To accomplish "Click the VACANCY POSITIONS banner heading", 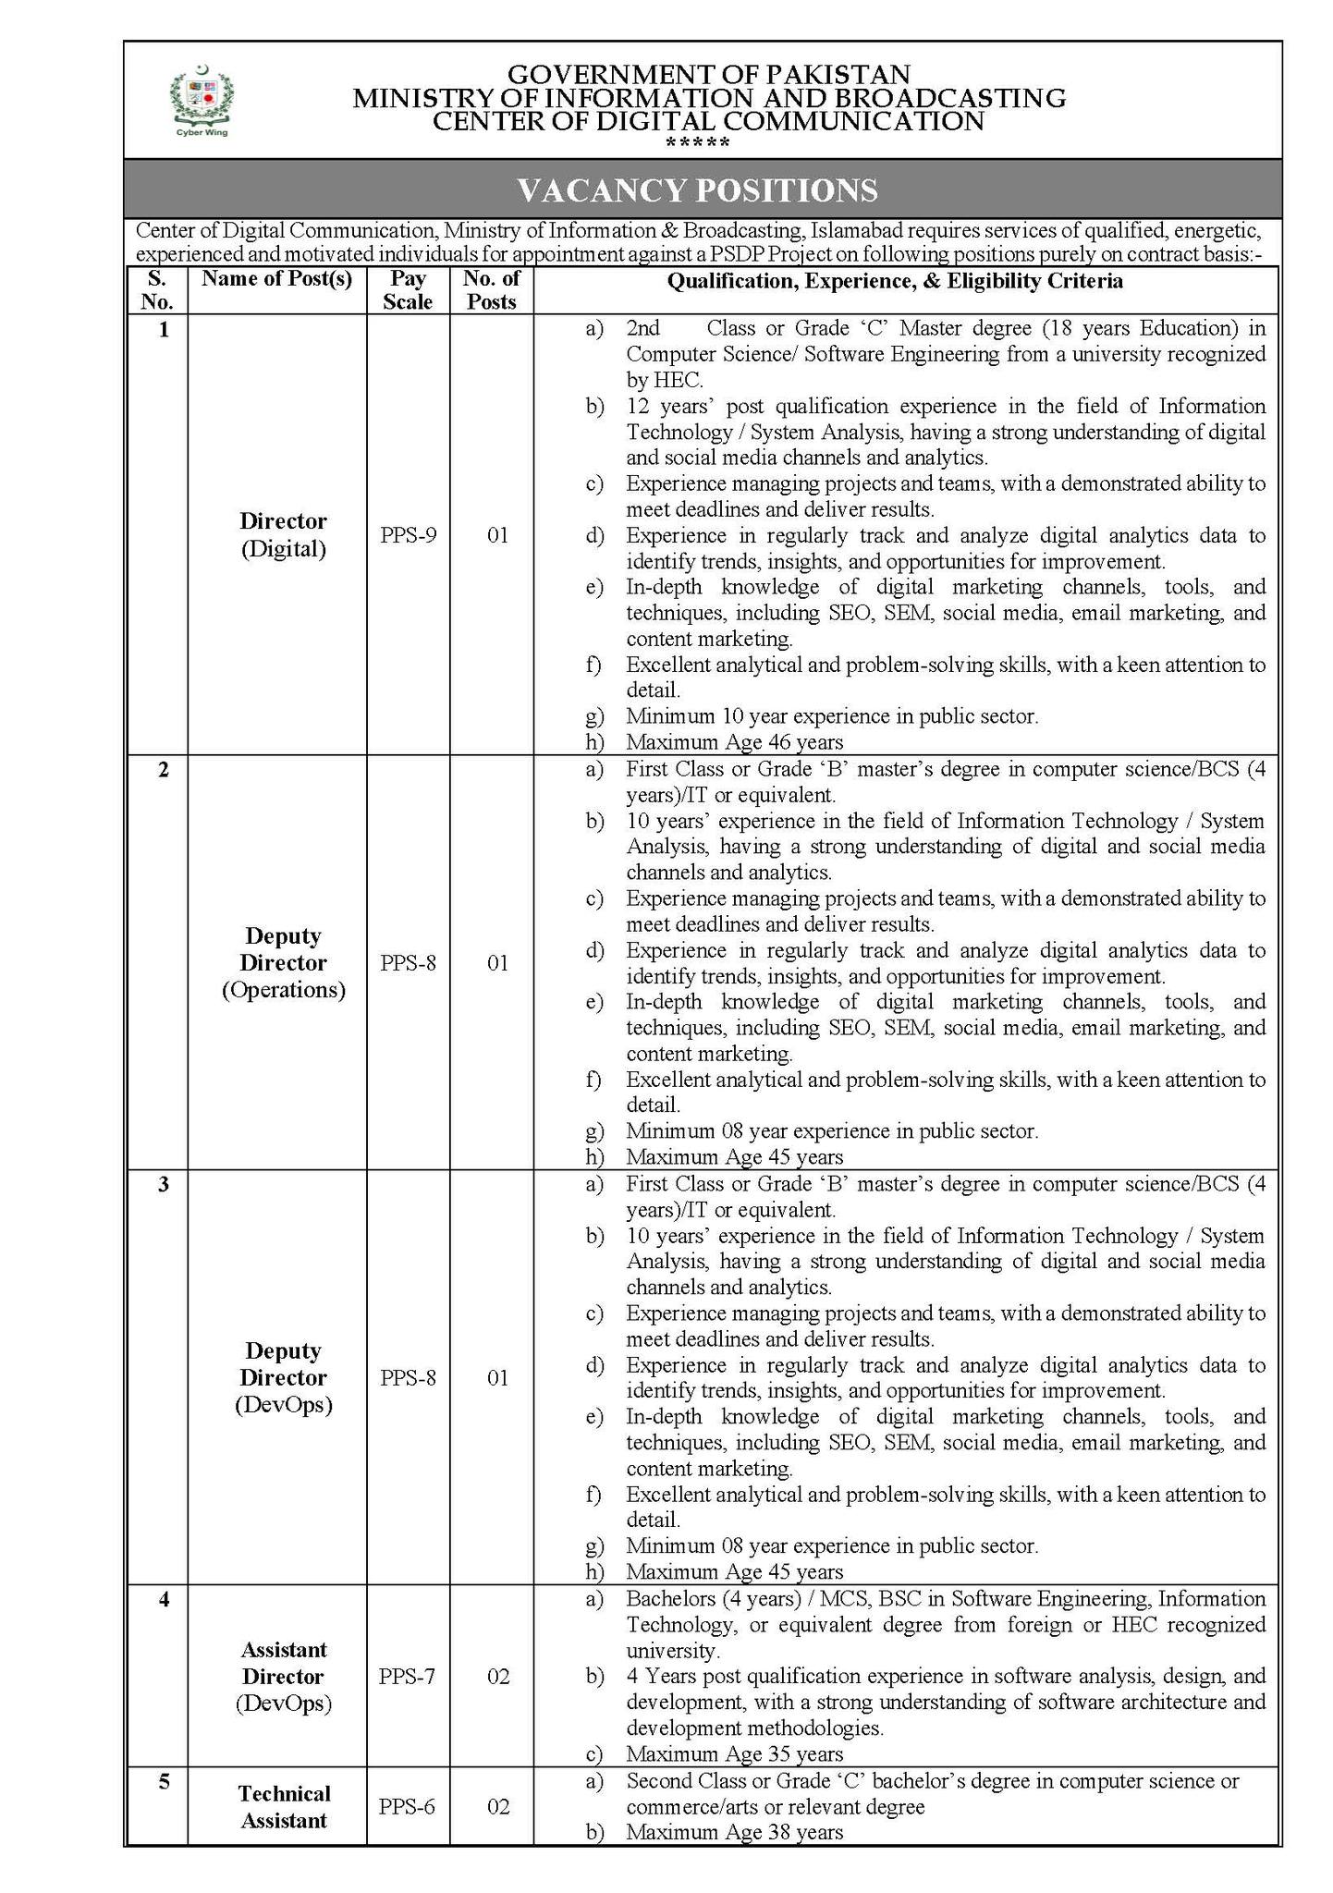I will tap(697, 190).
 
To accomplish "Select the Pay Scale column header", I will tap(408, 290).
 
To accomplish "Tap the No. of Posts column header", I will tap(492, 290).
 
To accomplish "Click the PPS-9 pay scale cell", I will tap(408, 534).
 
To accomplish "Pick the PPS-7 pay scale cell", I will tap(407, 1676).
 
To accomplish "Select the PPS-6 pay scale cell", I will tap(407, 1806).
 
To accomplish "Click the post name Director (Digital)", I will tap(284, 535).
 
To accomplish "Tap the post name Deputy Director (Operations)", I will tap(284, 963).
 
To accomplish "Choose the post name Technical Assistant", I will tap(284, 1806).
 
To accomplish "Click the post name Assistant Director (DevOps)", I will tap(284, 1676).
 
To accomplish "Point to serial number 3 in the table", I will tap(164, 1185).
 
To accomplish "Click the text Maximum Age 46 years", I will tap(734, 741).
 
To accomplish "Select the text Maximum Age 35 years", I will tap(734, 1753).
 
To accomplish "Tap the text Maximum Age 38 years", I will tap(734, 1831).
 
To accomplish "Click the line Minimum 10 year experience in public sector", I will tap(832, 715).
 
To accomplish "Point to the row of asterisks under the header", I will tap(698, 144).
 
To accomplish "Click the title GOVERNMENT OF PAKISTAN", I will tap(709, 74).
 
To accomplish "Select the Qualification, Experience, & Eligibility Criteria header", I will tap(895, 281).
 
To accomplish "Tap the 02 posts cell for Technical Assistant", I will tap(498, 1806).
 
